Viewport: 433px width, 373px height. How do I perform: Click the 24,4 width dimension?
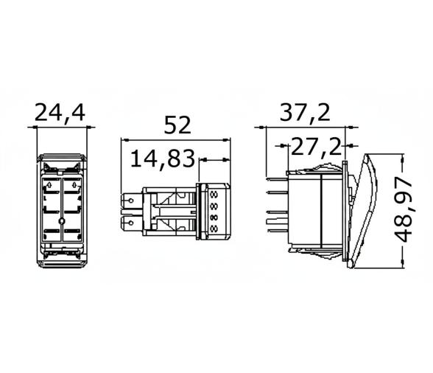pyautogui.click(x=60, y=112)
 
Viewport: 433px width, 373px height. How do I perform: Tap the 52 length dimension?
pyautogui.click(x=177, y=123)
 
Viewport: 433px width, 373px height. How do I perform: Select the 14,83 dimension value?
pyautogui.click(x=163, y=158)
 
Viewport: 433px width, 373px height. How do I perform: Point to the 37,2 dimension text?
pyautogui.click(x=304, y=113)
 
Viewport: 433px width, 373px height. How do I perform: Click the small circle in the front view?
pyautogui.click(x=61, y=220)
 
